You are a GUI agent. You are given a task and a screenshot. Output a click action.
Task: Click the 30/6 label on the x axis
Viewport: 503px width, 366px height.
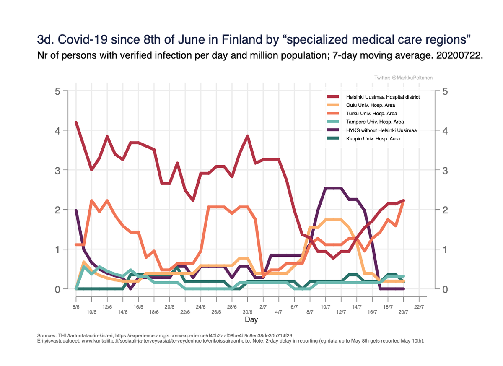pyautogui.click(x=247, y=312)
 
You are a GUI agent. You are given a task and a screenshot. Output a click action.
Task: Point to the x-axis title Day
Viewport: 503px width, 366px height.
pyautogui.click(x=251, y=320)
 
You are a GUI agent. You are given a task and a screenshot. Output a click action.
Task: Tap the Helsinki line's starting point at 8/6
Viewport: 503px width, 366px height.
pyautogui.click(x=76, y=122)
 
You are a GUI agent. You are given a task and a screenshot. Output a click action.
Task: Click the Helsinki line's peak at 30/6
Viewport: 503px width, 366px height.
pyautogui.click(x=247, y=136)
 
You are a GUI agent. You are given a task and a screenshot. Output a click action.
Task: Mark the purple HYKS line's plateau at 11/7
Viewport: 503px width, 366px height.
pyautogui.click(x=333, y=188)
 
